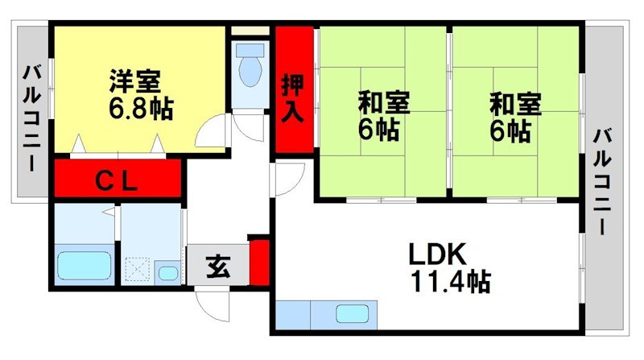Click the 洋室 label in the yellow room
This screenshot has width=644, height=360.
[135, 81]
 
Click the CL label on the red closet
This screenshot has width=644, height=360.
[118, 180]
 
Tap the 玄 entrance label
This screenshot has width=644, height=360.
[217, 265]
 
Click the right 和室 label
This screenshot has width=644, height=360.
[516, 104]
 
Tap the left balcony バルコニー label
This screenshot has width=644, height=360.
[31, 117]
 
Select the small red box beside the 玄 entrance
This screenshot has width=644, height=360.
[258, 259]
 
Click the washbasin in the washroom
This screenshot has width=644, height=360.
[168, 272]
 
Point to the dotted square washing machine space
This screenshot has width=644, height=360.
[137, 267]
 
